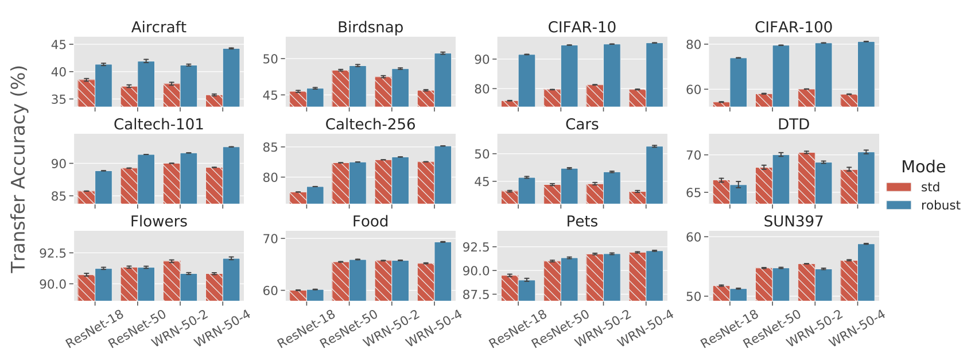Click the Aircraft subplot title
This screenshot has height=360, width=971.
point(158,27)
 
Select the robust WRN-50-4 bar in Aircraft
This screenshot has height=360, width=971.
point(231,78)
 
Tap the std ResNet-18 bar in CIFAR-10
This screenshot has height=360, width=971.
point(510,103)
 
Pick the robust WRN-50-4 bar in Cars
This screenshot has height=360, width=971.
point(654,175)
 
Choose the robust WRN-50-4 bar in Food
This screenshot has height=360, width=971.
point(442,271)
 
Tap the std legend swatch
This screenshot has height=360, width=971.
point(899,187)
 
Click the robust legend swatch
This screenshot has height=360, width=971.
point(899,205)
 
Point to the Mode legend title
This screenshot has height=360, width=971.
point(923,167)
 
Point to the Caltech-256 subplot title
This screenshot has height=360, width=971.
point(370,125)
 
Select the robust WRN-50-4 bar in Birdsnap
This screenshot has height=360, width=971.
point(442,80)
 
